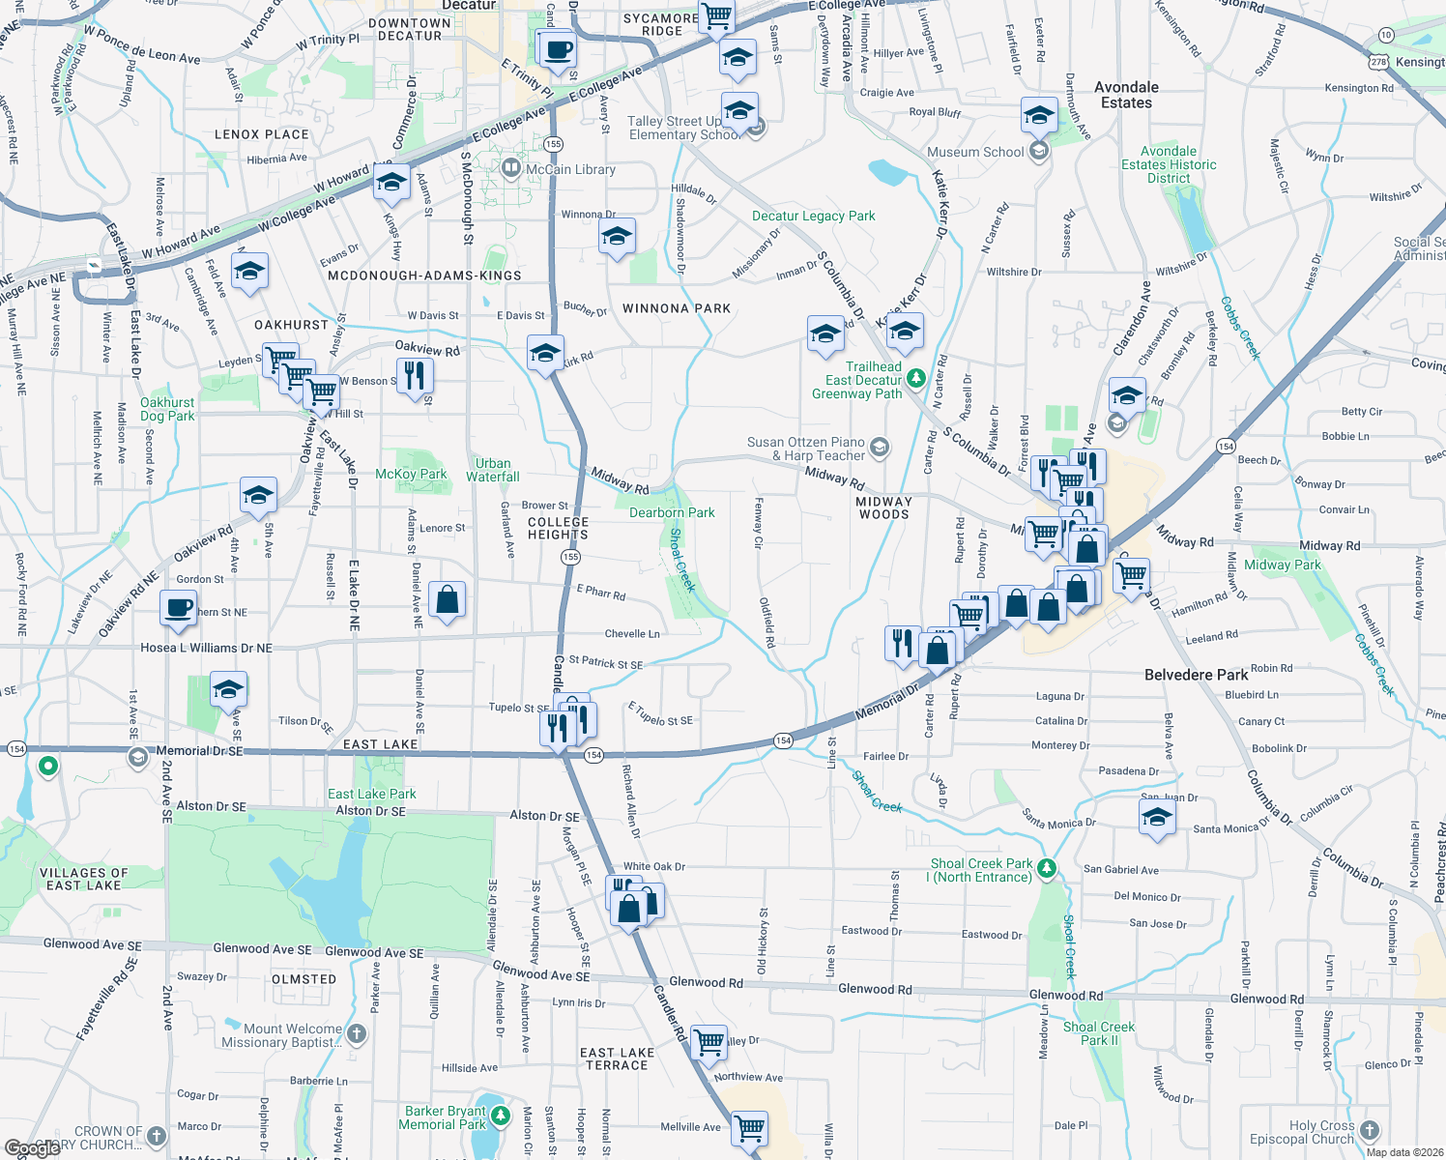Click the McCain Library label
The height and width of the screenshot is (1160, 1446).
pos(570,169)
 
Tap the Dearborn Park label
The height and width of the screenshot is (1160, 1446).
pos(672,512)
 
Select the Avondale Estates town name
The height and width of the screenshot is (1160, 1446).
pos(1126,95)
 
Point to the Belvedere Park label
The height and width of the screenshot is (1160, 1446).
pos(1196,675)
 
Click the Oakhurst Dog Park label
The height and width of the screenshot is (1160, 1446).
pos(167,409)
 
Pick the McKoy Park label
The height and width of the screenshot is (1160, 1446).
pos(411,474)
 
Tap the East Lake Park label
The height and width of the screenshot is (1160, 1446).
pos(372,794)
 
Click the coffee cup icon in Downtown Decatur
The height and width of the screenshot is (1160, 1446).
pos(557,49)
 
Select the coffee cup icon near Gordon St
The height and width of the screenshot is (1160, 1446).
pos(178,608)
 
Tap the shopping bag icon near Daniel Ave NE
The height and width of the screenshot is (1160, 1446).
pos(447,599)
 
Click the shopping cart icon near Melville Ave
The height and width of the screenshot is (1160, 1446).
pos(749,1127)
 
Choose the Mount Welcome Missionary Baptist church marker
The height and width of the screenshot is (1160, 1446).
pos(357,1033)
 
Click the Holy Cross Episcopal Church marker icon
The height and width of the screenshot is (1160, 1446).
pos(1369,1130)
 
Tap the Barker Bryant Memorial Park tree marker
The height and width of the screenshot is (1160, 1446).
pos(500,1116)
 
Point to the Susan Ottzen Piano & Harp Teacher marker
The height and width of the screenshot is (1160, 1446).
pos(879,447)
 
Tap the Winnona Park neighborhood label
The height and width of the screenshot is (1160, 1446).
pos(677,308)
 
